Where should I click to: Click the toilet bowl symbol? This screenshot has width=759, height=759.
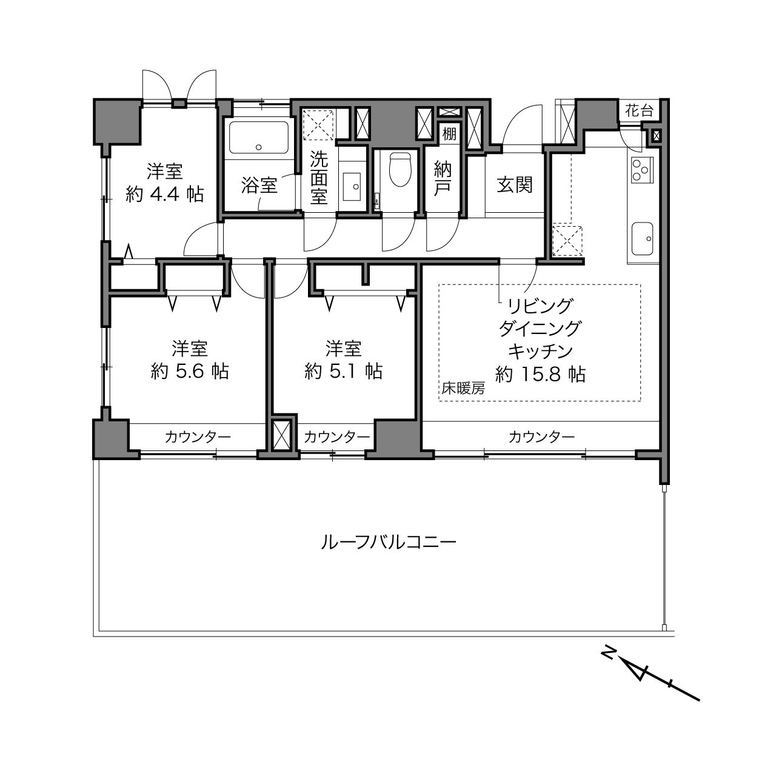click(400, 170)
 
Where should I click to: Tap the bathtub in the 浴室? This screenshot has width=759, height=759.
click(259, 138)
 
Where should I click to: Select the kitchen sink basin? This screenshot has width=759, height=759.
click(642, 238)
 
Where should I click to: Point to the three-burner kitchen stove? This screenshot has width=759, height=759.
click(642, 170)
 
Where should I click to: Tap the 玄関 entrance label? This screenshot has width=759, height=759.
click(515, 185)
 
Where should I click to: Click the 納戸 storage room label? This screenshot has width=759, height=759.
click(443, 179)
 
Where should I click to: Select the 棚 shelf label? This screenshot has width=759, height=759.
click(449, 134)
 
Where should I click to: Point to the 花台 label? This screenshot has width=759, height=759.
click(639, 111)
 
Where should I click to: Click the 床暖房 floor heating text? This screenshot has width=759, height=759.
click(463, 389)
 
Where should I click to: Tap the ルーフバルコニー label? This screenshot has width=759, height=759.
click(389, 543)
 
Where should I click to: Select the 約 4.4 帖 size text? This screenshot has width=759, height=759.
click(165, 194)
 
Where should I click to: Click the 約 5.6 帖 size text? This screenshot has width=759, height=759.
click(190, 371)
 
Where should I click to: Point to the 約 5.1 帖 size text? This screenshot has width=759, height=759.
click(344, 371)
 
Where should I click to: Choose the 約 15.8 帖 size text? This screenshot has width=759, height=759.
click(540, 374)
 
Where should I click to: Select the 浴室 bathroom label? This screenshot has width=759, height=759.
click(259, 185)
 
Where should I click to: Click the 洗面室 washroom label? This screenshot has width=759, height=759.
click(319, 178)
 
